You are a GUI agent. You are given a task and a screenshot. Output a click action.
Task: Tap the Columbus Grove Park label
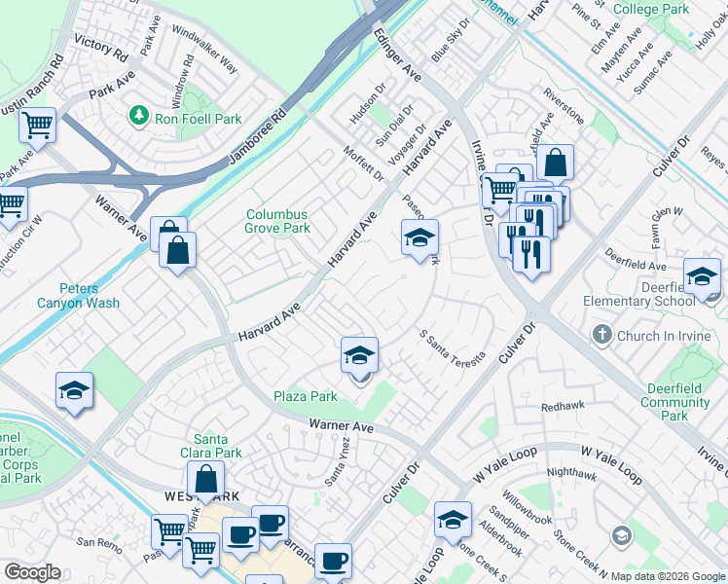277,222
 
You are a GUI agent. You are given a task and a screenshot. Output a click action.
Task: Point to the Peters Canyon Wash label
90,296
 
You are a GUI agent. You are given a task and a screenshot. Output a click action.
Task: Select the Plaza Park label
306,396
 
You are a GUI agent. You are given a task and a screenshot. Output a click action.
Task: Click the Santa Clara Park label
218,446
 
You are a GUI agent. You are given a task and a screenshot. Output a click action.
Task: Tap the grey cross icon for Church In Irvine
601,336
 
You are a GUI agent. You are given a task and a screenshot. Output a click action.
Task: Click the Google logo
33,572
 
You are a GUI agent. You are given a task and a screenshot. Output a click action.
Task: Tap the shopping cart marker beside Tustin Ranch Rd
37,126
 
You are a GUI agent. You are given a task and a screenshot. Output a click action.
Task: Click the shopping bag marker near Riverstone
554,164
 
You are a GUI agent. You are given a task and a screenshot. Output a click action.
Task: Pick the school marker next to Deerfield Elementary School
702,277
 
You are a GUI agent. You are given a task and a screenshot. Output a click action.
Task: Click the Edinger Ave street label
397,55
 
